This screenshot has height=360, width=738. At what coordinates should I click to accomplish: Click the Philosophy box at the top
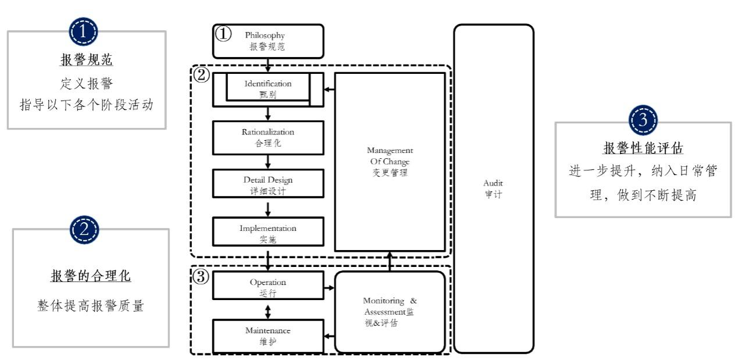tap(268, 41)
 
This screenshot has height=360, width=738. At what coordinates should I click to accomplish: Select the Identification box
tap(268, 89)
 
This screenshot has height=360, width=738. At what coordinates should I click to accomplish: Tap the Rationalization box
tap(268, 137)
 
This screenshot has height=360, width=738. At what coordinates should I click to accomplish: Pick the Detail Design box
tap(268, 183)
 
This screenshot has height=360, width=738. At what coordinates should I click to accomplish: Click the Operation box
tap(268, 287)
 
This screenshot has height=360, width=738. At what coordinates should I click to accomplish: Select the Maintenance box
tap(268, 336)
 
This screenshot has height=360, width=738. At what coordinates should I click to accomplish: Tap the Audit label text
tap(493, 188)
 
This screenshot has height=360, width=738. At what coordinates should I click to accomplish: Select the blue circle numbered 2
tap(85, 231)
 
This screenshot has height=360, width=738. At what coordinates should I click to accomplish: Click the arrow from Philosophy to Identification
tap(268, 65)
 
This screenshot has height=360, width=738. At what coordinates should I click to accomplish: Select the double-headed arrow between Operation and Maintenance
tap(268, 312)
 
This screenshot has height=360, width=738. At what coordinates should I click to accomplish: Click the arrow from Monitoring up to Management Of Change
tap(390, 263)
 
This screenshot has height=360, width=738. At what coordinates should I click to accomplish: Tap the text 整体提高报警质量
tap(90, 306)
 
